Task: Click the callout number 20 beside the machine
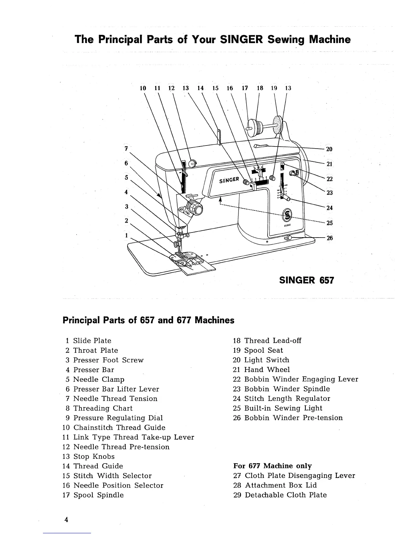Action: tap(329, 149)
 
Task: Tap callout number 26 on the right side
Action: tap(329, 238)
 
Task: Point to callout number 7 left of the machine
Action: tap(126, 148)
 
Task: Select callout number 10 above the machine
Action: tap(143, 88)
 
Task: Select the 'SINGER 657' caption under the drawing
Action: tap(306, 280)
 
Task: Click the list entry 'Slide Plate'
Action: tap(92, 341)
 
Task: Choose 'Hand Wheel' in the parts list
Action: tap(267, 370)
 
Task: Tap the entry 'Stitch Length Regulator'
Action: tap(287, 399)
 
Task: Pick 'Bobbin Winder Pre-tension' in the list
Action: tap(293, 418)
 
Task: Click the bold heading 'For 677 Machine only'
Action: tap(273, 466)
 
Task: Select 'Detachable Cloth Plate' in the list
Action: tap(285, 495)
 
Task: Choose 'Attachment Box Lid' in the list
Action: tap(280, 485)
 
